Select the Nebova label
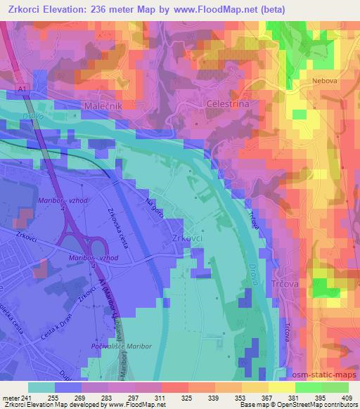pos(326,81)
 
